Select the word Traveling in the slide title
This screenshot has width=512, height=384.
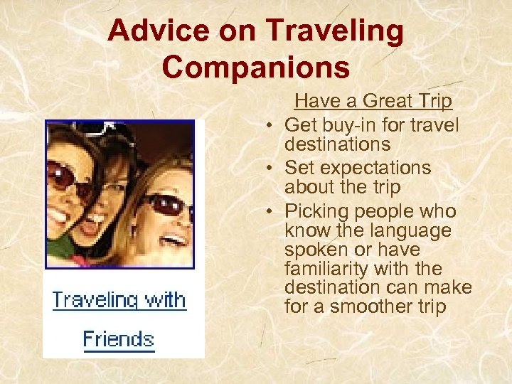pos(334,31)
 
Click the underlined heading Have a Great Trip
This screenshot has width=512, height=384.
pos(373,101)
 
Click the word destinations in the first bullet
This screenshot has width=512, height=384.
pos(337,144)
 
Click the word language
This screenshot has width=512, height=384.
pos(412,230)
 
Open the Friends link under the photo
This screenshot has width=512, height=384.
pos(118,338)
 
